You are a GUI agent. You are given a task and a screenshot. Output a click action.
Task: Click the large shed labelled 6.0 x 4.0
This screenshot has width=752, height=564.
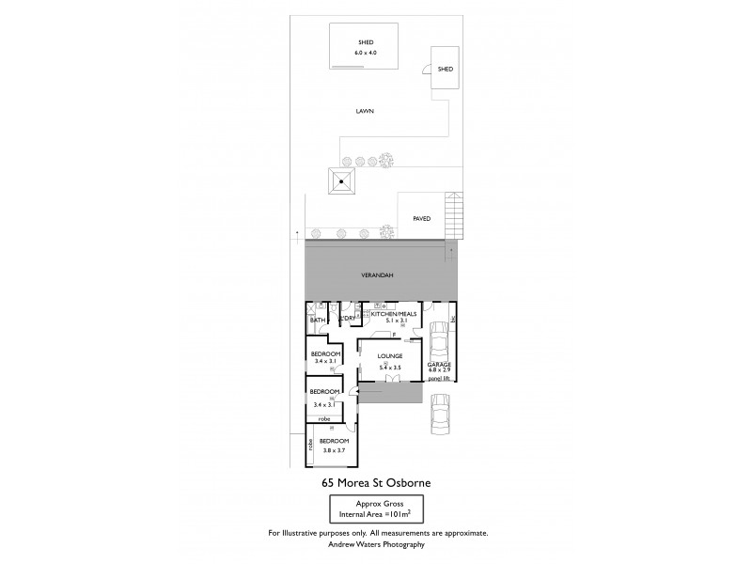point(367,47)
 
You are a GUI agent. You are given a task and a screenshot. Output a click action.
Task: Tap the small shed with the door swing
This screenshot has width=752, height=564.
point(445,68)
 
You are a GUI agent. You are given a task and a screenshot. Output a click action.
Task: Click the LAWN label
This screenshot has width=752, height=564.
point(365,110)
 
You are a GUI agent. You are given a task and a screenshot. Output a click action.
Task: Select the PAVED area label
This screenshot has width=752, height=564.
point(422,218)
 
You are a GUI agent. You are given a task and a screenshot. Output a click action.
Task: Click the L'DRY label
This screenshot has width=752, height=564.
point(346,321)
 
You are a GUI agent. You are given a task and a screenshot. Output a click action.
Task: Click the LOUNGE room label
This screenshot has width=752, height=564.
point(390,356)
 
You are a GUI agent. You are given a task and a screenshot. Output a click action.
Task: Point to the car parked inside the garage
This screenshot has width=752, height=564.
point(439,340)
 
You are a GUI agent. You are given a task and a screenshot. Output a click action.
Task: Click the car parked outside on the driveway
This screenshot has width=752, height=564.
point(440,415)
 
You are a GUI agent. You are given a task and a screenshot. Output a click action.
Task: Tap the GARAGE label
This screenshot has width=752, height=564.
point(439,364)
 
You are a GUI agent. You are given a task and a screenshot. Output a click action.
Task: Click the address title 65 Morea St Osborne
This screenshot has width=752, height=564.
point(376,483)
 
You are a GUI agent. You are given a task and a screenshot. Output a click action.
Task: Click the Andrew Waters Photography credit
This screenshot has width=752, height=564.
point(376,544)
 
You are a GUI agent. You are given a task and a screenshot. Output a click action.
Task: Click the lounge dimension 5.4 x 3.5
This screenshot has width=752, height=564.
point(390,367)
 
